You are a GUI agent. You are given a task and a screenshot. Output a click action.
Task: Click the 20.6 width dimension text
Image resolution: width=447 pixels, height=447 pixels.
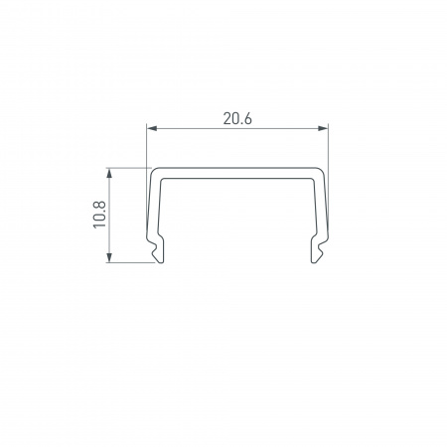(x=236, y=118)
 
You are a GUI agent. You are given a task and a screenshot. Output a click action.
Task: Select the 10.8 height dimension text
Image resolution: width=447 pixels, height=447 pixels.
(x=99, y=215)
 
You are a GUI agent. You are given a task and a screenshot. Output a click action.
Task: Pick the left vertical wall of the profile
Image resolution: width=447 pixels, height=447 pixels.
(x=152, y=209)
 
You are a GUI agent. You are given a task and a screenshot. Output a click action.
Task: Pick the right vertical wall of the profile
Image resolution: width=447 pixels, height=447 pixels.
(x=323, y=209)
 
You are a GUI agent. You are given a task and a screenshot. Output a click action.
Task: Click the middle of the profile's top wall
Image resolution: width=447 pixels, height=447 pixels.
(x=237, y=171)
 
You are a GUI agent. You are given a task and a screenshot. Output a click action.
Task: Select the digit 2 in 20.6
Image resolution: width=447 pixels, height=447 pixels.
(x=224, y=118)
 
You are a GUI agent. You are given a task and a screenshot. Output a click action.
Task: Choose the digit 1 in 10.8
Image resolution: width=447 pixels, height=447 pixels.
(x=99, y=227)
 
